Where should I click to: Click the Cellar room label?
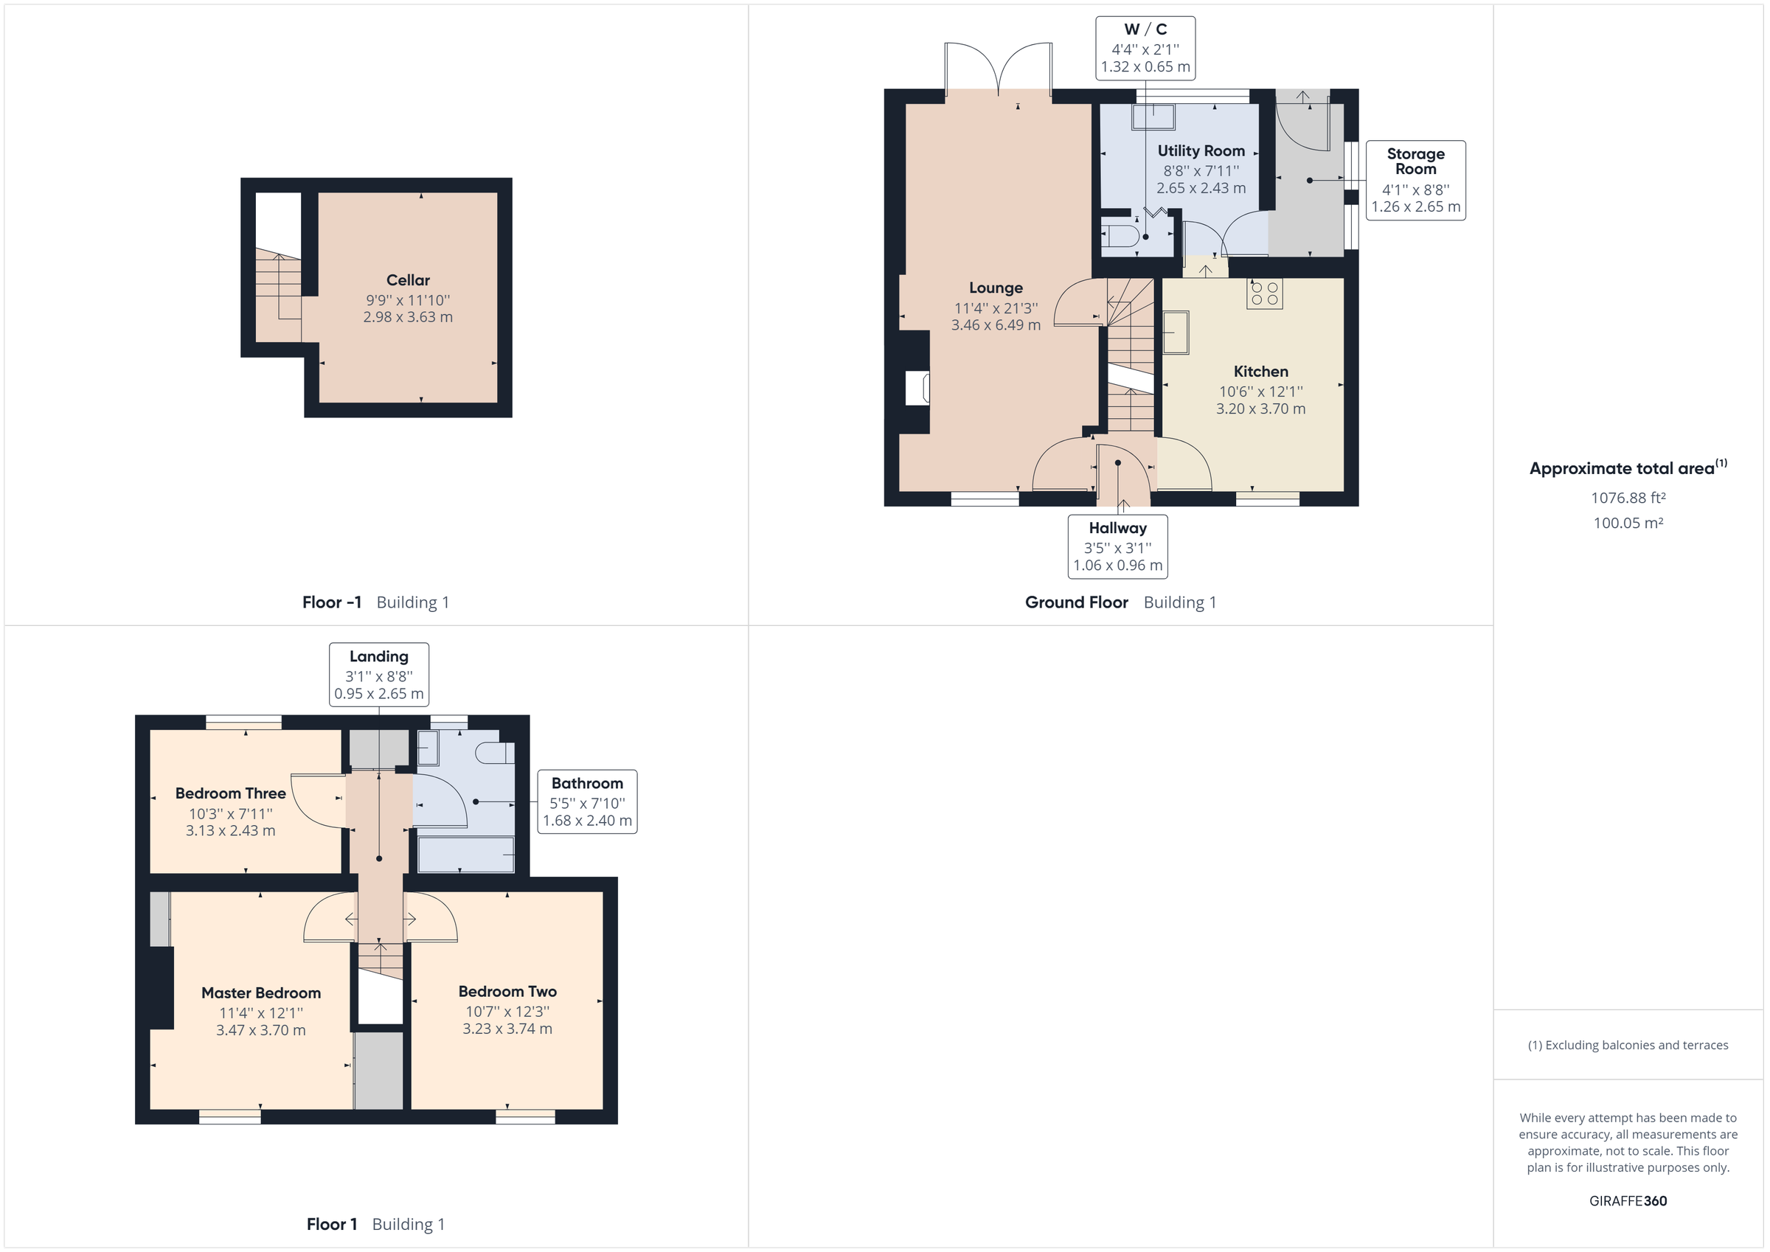(408, 281)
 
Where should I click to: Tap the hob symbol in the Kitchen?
(1264, 293)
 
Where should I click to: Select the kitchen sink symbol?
(1176, 333)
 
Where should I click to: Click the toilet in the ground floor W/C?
(1120, 234)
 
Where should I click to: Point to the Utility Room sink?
(1153, 118)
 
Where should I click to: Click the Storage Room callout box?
(1415, 181)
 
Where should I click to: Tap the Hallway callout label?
(1117, 546)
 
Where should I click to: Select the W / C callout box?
(1145, 48)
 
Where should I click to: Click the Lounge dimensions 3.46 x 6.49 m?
(995, 325)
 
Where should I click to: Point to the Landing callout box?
(378, 674)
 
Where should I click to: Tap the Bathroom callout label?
(586, 801)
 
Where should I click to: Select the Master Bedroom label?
(260, 993)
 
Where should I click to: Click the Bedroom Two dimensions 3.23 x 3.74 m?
(507, 1029)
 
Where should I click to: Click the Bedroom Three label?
(231, 793)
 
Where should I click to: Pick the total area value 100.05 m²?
(1628, 523)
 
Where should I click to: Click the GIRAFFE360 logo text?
(1628, 1200)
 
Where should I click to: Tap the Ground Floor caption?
(1076, 602)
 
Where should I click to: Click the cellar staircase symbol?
(277, 289)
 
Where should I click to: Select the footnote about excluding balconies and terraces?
(1628, 1045)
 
